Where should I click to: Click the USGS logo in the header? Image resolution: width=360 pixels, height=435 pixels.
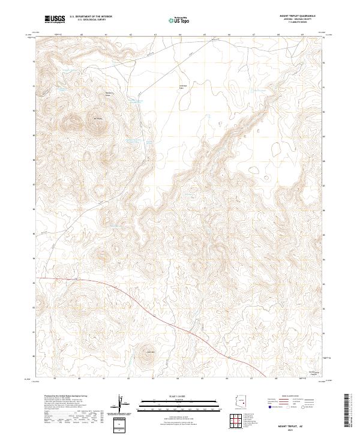pos(55,20)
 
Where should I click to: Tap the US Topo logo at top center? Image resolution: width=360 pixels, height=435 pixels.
pos(181,20)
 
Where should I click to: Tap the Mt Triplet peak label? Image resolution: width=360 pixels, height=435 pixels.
pos(100,118)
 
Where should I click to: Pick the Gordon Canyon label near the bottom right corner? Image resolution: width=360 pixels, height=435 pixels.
pos(311,373)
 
